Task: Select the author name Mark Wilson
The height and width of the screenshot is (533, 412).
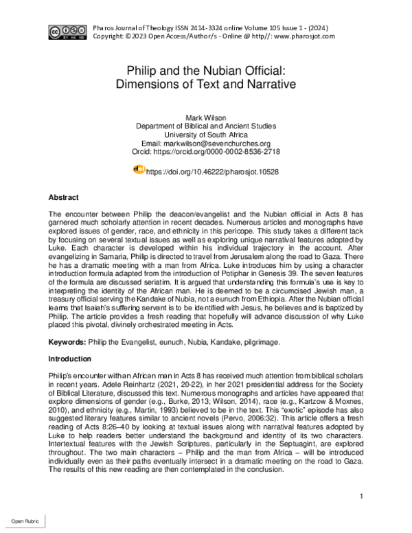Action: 206,117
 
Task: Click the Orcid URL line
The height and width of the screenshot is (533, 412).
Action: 206,151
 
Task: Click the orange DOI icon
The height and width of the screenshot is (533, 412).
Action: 138,169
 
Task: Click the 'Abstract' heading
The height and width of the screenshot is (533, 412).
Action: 64,198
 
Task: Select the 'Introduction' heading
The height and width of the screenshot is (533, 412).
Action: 70,359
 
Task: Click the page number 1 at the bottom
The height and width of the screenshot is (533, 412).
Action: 361,496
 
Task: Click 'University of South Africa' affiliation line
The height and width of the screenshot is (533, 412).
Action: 206,135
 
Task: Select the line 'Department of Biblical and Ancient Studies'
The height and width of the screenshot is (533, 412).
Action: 206,126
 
